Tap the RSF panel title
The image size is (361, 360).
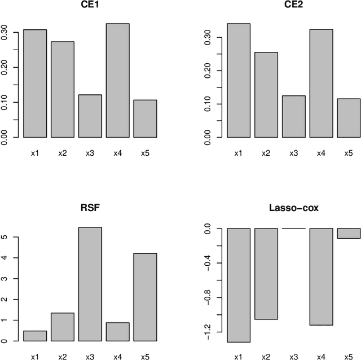[x=90, y=208]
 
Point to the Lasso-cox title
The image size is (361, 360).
[x=293, y=208]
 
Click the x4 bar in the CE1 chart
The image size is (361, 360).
[x=118, y=81]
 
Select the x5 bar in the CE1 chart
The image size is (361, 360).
[x=146, y=118]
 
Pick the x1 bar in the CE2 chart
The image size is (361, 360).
[x=238, y=81]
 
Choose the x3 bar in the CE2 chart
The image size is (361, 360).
[x=293, y=116]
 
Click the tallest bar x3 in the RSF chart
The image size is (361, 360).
[x=90, y=284]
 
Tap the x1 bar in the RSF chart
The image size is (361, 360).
[x=35, y=336]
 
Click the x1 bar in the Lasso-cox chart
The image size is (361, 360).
[x=238, y=285]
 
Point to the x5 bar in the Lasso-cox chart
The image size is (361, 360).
[x=349, y=233]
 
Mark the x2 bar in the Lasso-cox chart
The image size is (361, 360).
[x=266, y=274]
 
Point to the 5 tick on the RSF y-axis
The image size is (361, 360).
[x=5, y=237]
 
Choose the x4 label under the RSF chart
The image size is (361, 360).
[x=118, y=357]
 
